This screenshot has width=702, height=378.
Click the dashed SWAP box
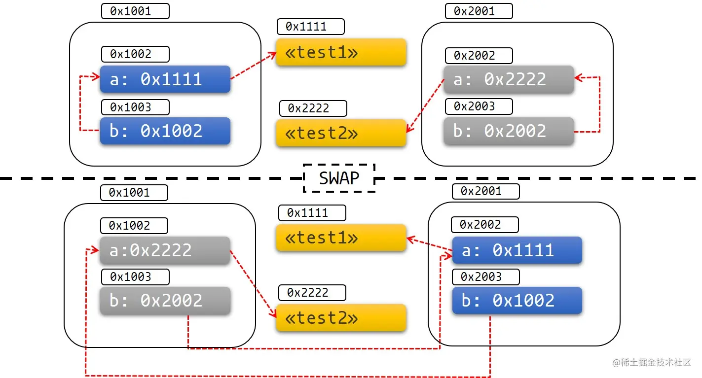[x=339, y=178]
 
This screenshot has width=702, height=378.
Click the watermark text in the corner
[x=652, y=363]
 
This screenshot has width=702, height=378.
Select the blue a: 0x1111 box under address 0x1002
[x=165, y=79]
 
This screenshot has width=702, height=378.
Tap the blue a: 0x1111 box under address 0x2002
[x=517, y=250]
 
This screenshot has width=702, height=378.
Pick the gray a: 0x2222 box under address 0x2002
[x=509, y=79]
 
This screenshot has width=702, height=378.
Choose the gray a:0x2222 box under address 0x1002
[x=165, y=250]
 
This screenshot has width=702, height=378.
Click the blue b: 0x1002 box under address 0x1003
[x=165, y=131]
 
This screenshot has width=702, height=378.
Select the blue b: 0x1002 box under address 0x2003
[x=517, y=301]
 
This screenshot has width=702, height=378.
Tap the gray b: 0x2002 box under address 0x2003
[x=509, y=131]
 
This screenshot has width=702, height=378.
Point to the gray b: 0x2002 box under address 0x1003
[x=165, y=301]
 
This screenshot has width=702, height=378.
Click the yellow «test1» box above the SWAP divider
[x=341, y=52]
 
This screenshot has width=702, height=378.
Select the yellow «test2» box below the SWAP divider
[x=341, y=318]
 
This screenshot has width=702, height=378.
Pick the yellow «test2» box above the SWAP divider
[x=341, y=133]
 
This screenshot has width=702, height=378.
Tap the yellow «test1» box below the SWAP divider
[x=341, y=238]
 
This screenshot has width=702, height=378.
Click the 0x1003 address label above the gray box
[x=135, y=277]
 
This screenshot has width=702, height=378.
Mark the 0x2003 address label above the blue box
[x=485, y=277]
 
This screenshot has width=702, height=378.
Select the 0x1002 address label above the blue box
[x=135, y=54]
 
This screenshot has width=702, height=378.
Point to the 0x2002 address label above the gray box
[x=479, y=56]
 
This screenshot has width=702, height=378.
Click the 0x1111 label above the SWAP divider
[x=311, y=27]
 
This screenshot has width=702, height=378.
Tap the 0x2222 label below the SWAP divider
[x=312, y=293]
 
